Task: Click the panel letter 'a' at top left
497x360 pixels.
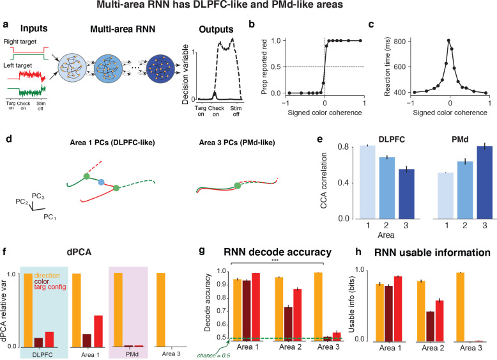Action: [x=6, y=26]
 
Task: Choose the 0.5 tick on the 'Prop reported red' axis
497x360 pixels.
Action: [x=268, y=67]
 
